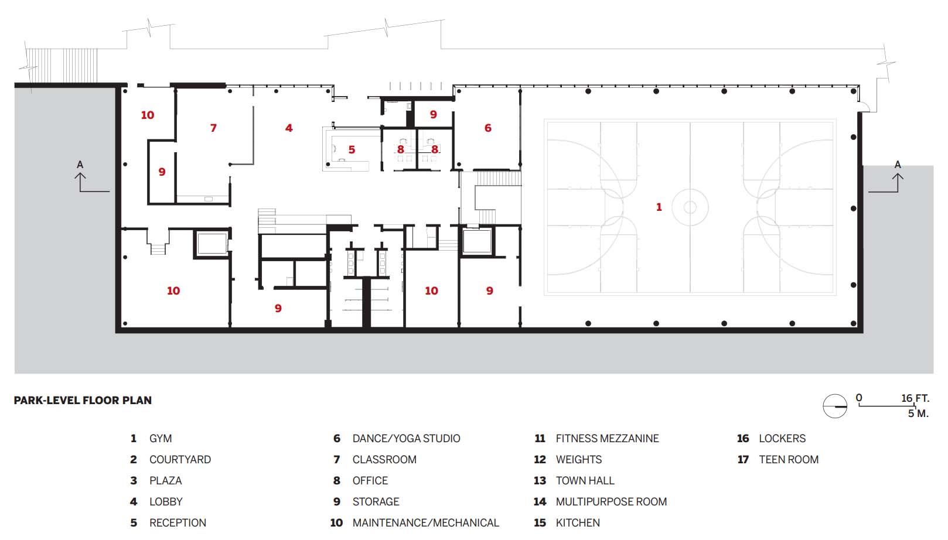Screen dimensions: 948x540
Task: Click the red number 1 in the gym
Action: [659, 207]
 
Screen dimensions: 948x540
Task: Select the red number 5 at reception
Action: [352, 149]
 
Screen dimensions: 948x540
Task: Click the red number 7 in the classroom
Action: [213, 128]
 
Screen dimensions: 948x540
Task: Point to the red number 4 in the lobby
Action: [289, 128]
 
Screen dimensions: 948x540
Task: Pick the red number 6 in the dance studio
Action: [488, 128]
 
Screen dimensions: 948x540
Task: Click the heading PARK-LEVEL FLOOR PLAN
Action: [83, 401]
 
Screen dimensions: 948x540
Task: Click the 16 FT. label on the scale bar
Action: [915, 398]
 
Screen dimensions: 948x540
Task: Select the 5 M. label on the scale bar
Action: [918, 413]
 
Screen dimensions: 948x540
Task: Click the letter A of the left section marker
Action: [80, 165]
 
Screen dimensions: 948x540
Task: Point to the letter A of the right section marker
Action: [898, 165]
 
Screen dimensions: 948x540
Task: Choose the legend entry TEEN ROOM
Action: [789, 460]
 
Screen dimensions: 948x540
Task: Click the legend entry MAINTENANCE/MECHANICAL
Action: [426, 523]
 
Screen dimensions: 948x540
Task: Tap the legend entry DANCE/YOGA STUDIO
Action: [406, 439]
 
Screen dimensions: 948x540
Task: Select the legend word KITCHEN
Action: [578, 523]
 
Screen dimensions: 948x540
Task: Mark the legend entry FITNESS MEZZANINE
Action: [608, 439]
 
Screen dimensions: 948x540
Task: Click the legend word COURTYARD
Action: [180, 460]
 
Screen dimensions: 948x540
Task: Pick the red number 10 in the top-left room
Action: [147, 115]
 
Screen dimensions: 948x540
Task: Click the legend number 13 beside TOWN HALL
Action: [540, 481]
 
